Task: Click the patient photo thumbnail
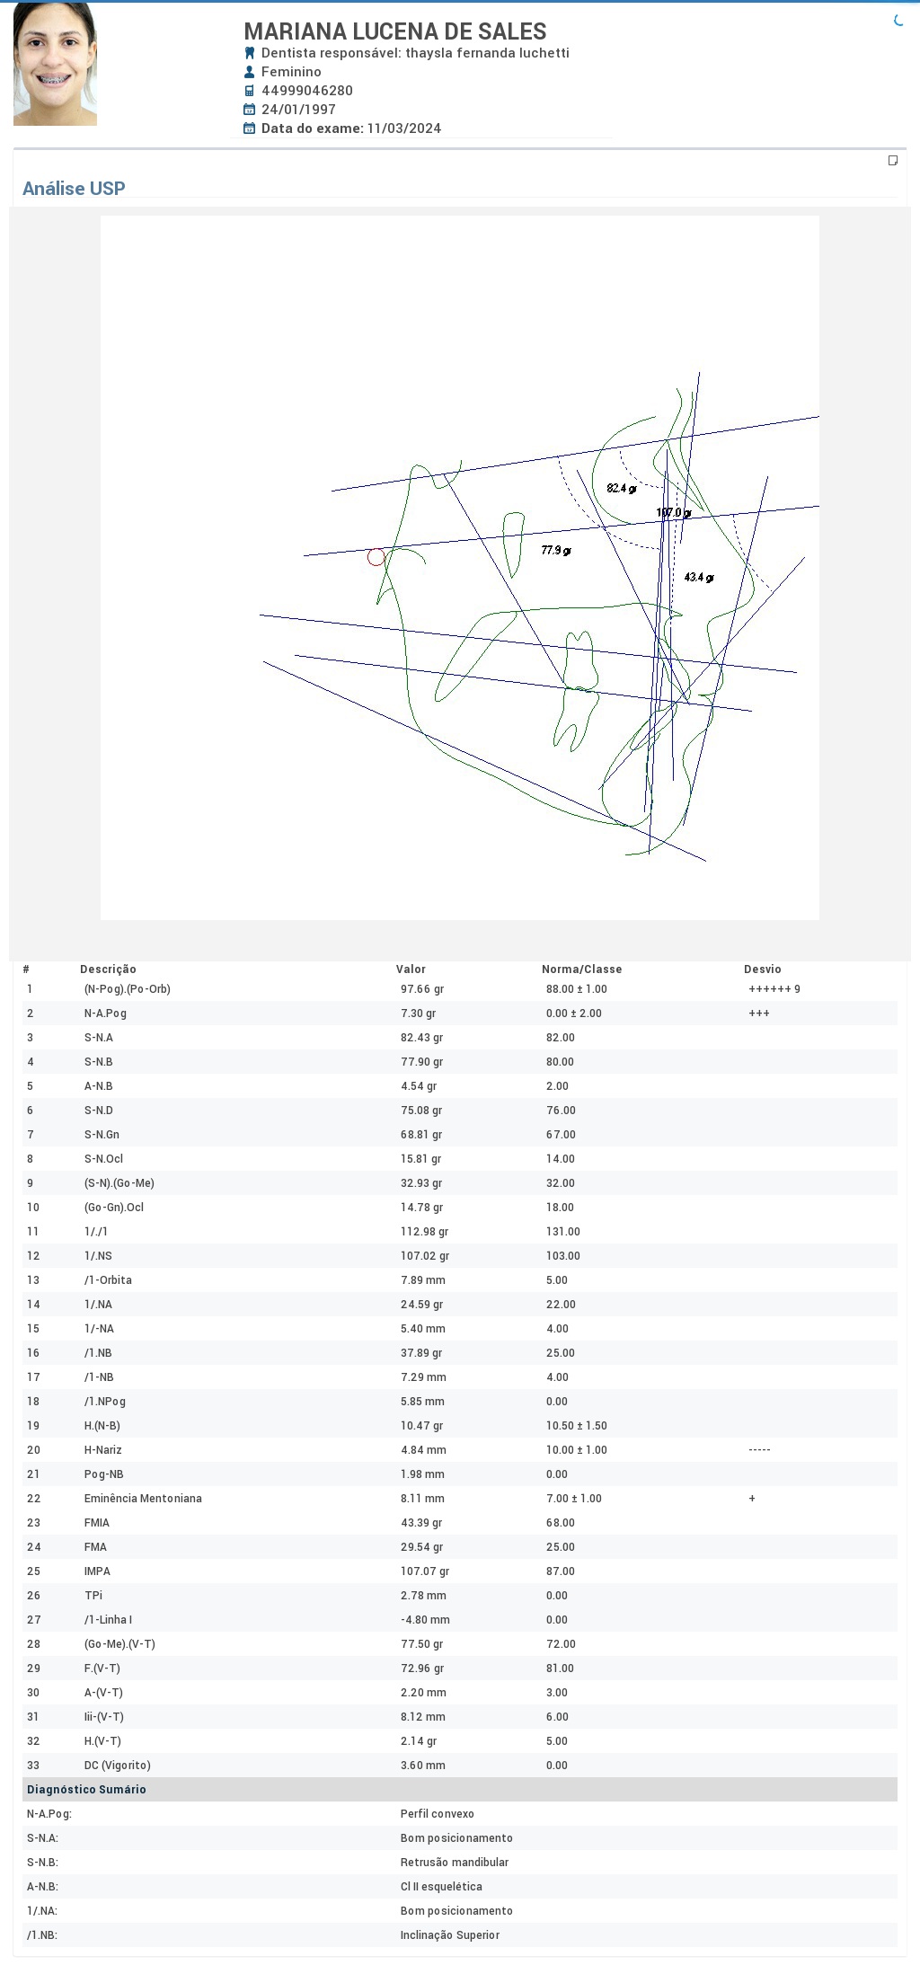click(55, 64)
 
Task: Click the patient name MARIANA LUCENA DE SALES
click(395, 31)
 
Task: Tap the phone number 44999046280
click(307, 91)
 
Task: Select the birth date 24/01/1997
click(298, 110)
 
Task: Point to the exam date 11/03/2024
click(404, 128)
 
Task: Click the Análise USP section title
click(74, 189)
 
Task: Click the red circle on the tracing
click(376, 557)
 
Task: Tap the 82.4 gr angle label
click(622, 488)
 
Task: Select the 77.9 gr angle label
click(556, 550)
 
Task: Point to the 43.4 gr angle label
click(699, 577)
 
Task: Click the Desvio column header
click(763, 969)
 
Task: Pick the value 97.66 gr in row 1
click(422, 989)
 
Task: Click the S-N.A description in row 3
click(99, 1038)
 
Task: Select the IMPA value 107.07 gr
click(425, 1571)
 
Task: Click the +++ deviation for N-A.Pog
click(759, 1014)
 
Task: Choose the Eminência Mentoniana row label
click(143, 1499)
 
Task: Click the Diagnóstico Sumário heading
click(86, 1790)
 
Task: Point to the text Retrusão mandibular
click(455, 1863)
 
